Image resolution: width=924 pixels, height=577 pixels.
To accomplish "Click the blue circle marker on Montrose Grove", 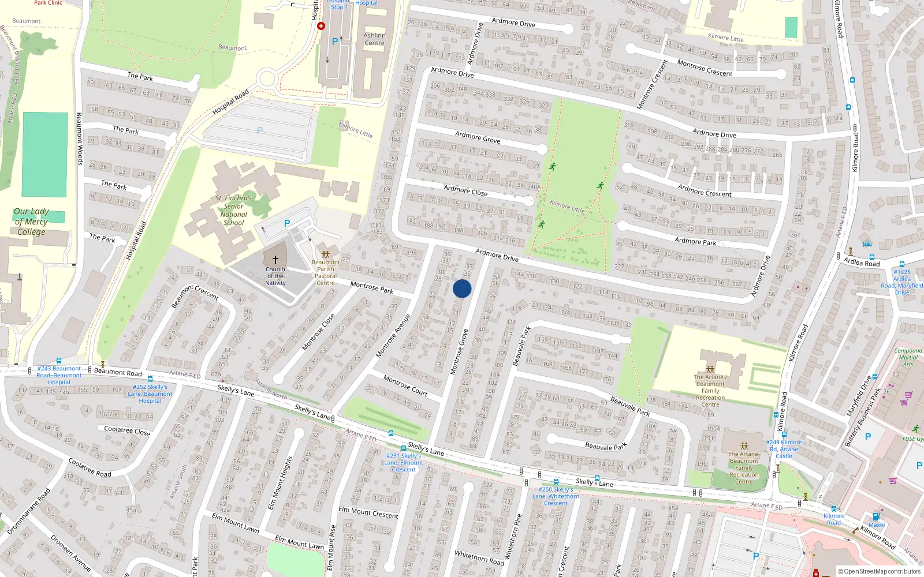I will [x=462, y=288].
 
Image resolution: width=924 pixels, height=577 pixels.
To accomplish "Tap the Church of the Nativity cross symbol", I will [x=275, y=260].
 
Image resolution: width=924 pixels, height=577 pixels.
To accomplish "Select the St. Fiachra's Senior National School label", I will [x=234, y=210].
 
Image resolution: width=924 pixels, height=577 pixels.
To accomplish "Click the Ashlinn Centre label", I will [x=374, y=39].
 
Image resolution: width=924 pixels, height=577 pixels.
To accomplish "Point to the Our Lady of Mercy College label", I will [x=31, y=222].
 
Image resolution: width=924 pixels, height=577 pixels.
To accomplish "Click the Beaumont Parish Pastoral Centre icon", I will [x=326, y=254].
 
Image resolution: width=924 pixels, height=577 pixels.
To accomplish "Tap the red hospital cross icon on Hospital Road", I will [x=321, y=26].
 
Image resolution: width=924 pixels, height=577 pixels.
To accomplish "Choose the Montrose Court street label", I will [x=405, y=386].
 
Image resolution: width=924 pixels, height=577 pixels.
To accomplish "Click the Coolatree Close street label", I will [x=127, y=430].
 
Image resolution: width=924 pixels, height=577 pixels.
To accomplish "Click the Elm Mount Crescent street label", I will [x=368, y=512].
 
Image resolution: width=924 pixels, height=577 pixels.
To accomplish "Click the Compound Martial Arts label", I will [x=908, y=357].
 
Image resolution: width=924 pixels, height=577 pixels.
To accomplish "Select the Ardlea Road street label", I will [x=862, y=263].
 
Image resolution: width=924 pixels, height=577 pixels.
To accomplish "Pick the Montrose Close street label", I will [x=319, y=332].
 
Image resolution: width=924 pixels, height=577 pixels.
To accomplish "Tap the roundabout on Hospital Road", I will [x=266, y=78].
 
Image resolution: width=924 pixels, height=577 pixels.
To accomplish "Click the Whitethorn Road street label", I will [x=479, y=557].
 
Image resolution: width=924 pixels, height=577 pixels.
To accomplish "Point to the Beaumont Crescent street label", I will [x=195, y=295].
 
